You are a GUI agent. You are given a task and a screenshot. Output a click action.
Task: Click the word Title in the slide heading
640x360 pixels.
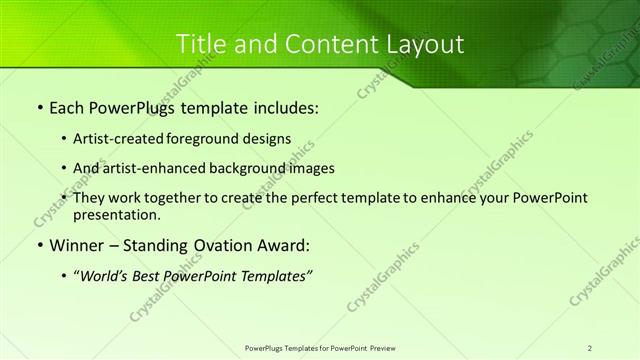point(200,44)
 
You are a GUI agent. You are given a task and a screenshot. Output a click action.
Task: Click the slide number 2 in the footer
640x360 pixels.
point(590,347)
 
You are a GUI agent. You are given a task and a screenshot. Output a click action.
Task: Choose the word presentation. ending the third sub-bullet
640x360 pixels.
point(117,214)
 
